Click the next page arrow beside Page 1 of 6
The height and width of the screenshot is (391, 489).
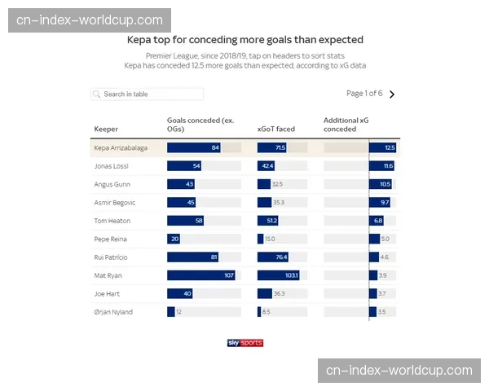(x=392, y=94)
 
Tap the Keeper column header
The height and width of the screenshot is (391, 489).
(x=106, y=129)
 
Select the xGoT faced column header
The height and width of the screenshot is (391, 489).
(x=276, y=129)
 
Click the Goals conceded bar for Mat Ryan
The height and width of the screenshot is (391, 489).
(x=200, y=275)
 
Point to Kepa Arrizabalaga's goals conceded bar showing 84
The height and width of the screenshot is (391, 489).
(x=194, y=147)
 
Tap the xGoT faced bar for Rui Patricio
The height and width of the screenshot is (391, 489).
(x=277, y=257)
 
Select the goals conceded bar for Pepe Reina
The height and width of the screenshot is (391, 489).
(x=174, y=239)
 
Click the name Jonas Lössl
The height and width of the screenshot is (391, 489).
(x=112, y=166)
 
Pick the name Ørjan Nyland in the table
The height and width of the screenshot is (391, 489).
(x=113, y=312)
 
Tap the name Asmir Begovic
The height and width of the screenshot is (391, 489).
(x=115, y=202)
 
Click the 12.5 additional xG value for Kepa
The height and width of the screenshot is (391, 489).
(x=390, y=147)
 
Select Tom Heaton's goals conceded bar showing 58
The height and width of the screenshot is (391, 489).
(x=185, y=221)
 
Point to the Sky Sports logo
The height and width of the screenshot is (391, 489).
(x=244, y=343)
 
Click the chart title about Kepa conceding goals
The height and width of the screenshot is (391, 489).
(x=244, y=39)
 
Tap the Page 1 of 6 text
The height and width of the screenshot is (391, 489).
(x=364, y=94)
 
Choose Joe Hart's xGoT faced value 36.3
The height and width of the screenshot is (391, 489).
(x=279, y=294)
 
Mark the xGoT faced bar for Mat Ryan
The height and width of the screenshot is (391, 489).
(x=280, y=275)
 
